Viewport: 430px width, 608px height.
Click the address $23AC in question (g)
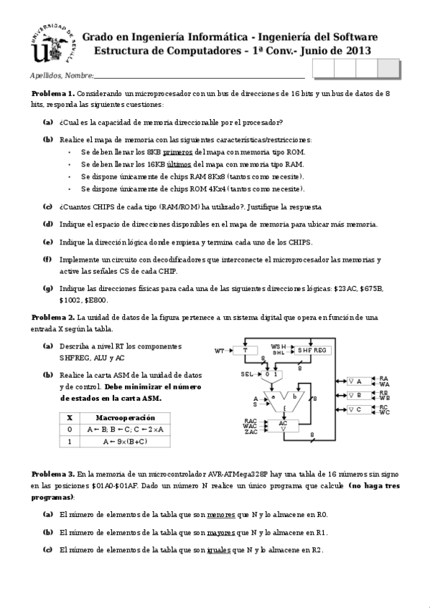pos(347,288)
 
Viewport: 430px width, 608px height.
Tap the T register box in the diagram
pos(245,350)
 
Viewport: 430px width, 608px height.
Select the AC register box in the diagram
pos(283,424)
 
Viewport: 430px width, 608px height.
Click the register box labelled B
pos(358,395)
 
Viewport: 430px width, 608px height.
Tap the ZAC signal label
pos(251,432)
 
